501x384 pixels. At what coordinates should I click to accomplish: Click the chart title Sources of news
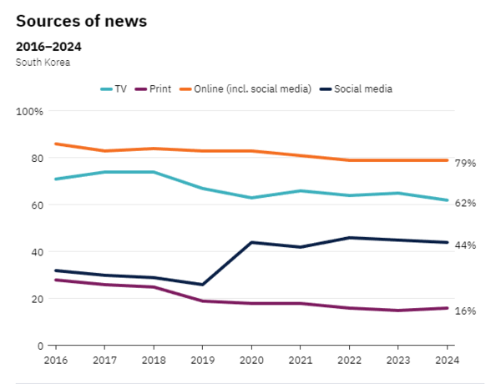81,21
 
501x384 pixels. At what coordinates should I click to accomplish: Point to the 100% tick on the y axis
29,111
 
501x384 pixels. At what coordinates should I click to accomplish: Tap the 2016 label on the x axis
55,360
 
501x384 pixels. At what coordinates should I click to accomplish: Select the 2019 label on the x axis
202,360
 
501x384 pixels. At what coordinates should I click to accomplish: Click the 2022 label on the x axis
348,360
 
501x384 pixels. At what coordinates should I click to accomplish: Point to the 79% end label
466,163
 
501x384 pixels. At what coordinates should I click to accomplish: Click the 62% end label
466,203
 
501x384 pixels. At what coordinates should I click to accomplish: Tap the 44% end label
466,245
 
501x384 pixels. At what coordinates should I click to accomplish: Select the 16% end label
466,311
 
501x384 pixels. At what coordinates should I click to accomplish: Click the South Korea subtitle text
43,62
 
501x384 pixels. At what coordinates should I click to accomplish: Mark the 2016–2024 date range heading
48,46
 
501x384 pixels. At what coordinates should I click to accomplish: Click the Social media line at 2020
250,242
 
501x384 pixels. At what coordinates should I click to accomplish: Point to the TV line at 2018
153,172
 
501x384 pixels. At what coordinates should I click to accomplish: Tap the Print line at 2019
202,301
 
